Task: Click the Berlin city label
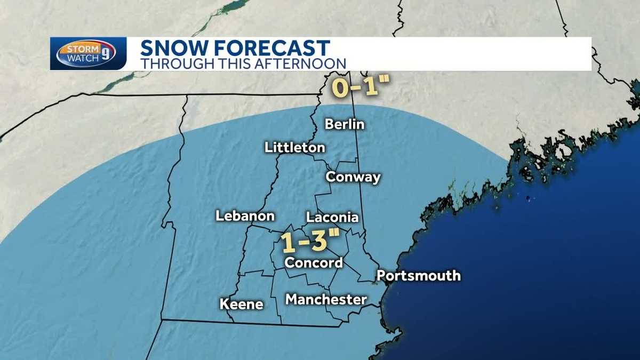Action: (x=345, y=124)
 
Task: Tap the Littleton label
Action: (x=295, y=148)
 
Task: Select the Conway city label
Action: (x=353, y=177)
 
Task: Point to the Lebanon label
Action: (x=245, y=216)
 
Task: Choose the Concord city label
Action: (x=313, y=262)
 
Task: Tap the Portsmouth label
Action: (x=418, y=276)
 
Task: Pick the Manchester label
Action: (x=326, y=299)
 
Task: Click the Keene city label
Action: (x=242, y=304)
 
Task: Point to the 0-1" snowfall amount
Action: (x=355, y=87)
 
